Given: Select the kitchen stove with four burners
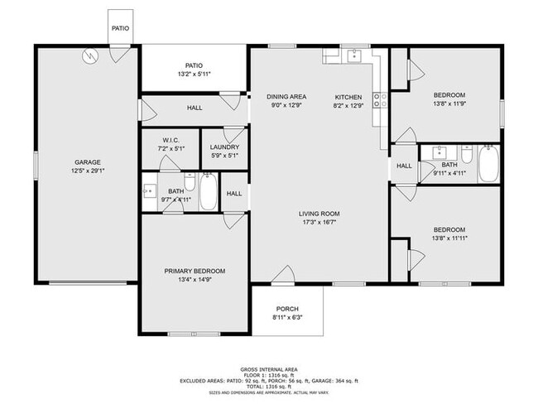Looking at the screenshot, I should pyautogui.click(x=381, y=100).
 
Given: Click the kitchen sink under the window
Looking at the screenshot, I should pyautogui.click(x=354, y=56).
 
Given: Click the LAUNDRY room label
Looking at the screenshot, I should pyautogui.click(x=224, y=147).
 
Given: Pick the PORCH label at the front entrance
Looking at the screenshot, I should pyautogui.click(x=287, y=309).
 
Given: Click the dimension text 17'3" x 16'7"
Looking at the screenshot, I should pyautogui.click(x=319, y=223).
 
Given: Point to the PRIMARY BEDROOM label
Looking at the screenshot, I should pyautogui.click(x=195, y=271).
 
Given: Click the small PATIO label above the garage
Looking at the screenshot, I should pyautogui.click(x=120, y=26).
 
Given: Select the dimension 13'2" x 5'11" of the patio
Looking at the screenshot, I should pyautogui.click(x=194, y=75).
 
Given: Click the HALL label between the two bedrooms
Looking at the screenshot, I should pyautogui.click(x=403, y=166).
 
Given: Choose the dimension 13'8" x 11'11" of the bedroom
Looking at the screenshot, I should pyautogui.click(x=448, y=238).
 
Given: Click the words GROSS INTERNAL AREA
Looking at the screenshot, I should pyautogui.click(x=269, y=368).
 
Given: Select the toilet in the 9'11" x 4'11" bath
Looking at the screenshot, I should pyautogui.click(x=467, y=155).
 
